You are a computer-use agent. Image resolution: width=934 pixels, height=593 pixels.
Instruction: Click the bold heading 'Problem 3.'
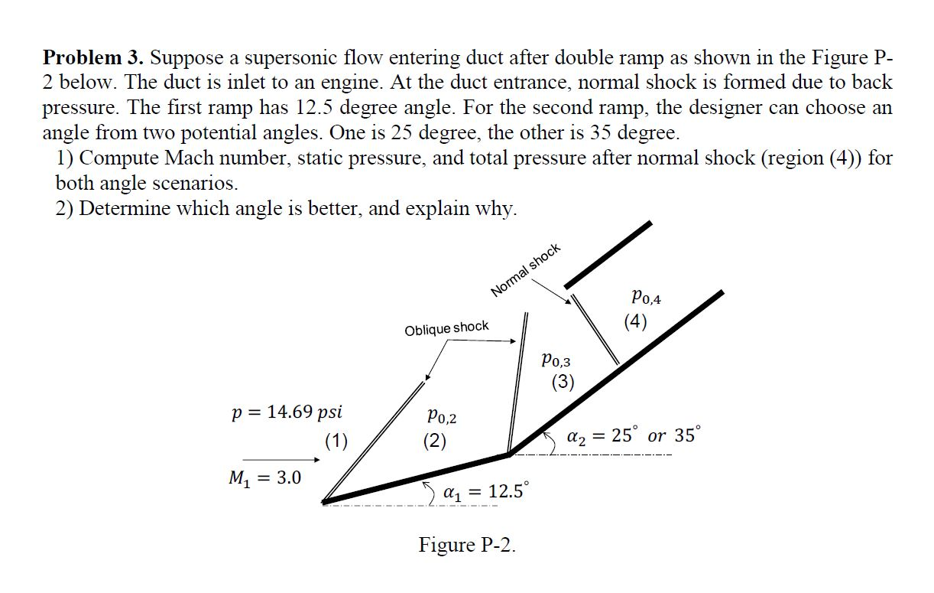coord(92,57)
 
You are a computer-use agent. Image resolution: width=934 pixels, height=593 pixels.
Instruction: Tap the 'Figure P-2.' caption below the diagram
coord(467,545)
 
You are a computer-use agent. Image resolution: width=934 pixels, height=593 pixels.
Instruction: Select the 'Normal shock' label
coord(526,269)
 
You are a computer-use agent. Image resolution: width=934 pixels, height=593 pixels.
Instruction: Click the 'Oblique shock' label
coord(446,328)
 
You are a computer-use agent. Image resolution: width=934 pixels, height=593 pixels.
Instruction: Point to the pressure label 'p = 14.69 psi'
coord(287,412)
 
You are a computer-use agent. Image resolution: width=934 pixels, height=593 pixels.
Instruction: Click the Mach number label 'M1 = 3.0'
coord(265,478)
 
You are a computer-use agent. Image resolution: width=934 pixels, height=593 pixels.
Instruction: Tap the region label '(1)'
coord(336,440)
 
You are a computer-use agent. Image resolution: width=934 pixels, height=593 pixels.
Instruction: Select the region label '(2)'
coord(435,441)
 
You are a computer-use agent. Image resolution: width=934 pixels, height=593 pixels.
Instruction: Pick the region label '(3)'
coord(563,382)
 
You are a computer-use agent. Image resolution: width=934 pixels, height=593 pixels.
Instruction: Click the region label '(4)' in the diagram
coord(635,321)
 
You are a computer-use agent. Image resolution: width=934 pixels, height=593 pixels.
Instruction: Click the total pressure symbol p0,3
coord(555,359)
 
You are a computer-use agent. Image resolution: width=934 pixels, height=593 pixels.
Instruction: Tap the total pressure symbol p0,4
coord(646,296)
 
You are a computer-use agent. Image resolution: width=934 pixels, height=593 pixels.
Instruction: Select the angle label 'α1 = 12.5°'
coord(485,491)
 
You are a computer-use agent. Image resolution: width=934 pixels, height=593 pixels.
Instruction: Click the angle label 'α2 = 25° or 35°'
coord(631,435)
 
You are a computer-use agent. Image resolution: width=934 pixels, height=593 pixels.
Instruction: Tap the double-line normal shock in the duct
coord(595,329)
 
